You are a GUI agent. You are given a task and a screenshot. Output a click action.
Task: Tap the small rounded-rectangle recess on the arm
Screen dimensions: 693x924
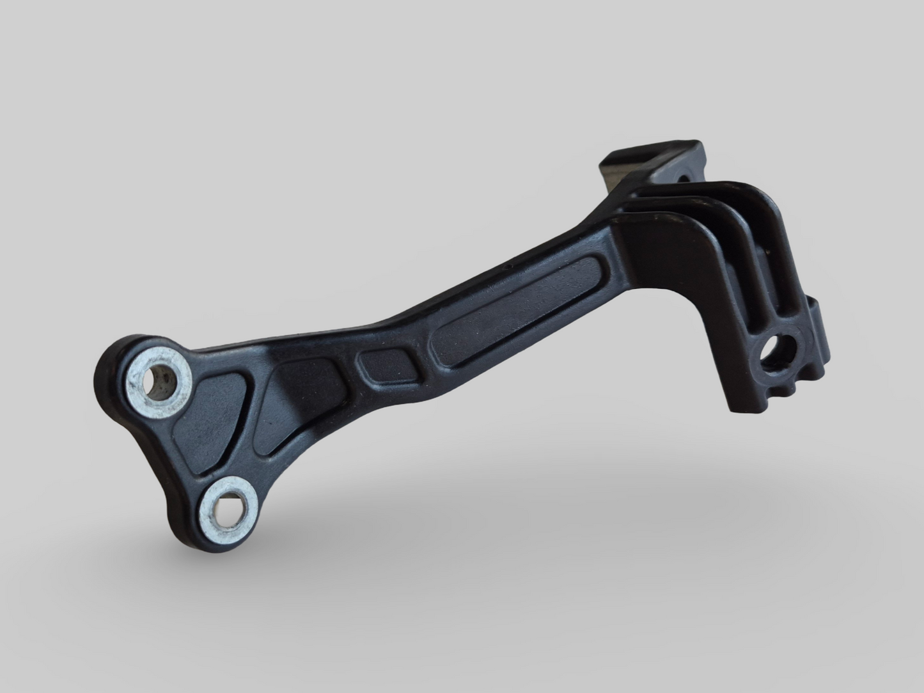click(x=386, y=365)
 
